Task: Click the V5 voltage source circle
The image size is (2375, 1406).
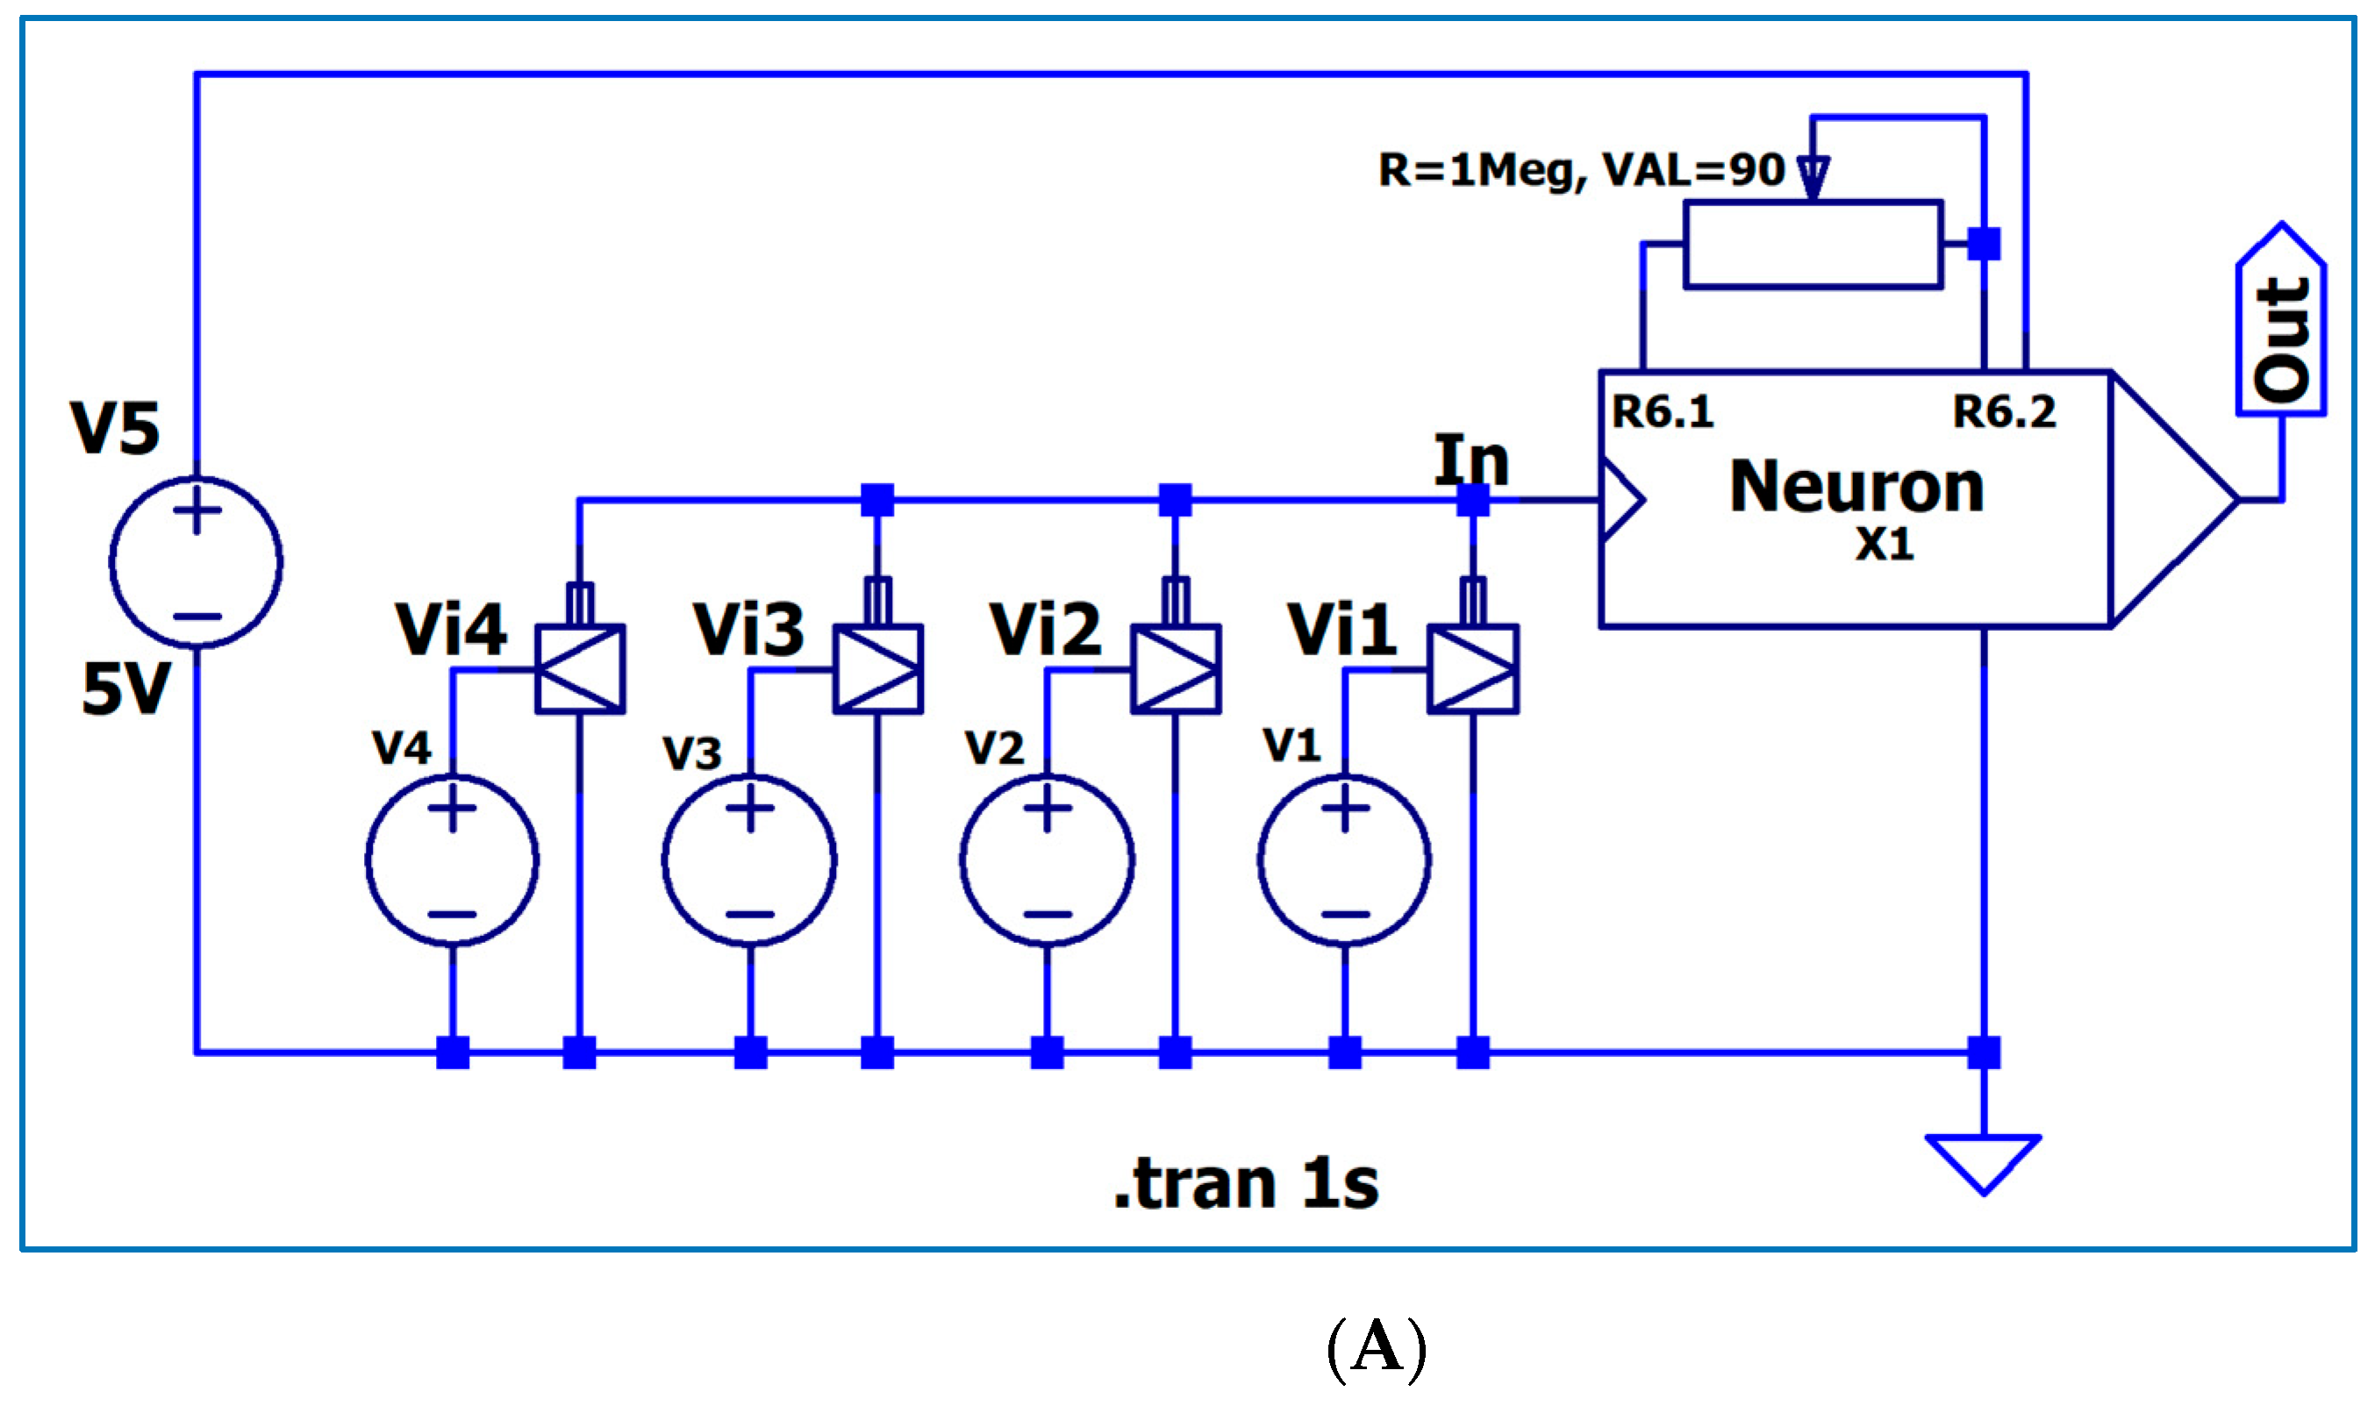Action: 197,563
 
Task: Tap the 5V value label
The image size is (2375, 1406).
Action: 126,689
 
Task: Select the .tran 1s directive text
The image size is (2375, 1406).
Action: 1245,1184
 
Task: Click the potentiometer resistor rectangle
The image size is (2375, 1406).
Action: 1812,245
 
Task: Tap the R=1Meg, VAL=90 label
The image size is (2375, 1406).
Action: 1581,170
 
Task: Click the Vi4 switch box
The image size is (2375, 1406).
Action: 580,669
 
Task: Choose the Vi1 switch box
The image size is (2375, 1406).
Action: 1473,669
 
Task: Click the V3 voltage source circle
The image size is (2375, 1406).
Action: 749,861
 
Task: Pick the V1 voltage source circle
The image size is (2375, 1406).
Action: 1344,861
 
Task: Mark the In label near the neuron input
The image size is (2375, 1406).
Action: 1470,461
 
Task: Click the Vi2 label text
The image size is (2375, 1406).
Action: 1045,630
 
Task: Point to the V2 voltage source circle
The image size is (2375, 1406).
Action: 1047,861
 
